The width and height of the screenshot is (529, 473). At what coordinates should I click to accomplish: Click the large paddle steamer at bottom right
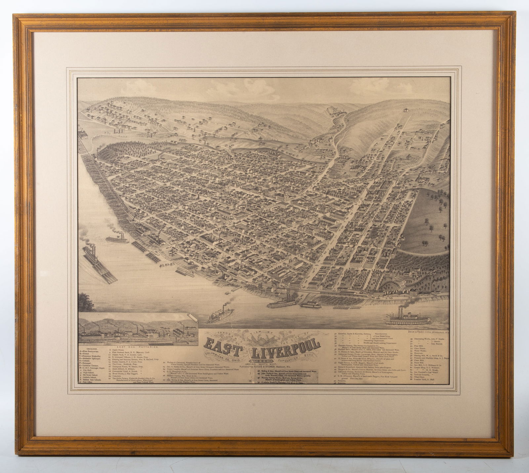pos(409,318)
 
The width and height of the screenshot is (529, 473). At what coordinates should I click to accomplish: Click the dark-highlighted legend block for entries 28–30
pos(286,375)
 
